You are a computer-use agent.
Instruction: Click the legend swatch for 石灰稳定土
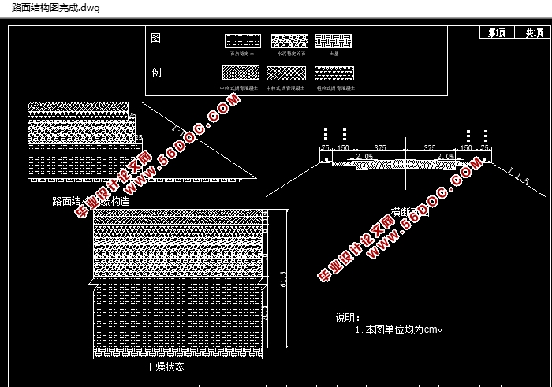point(243,41)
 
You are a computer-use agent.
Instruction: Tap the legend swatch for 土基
point(334,41)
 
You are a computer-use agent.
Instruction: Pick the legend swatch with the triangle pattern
point(334,73)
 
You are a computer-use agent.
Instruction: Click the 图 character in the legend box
point(155,39)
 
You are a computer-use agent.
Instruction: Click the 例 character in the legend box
point(155,73)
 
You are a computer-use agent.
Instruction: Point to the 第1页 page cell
point(497,32)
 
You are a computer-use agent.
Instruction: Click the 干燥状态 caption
point(165,366)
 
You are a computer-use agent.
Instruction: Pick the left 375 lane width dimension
point(379,147)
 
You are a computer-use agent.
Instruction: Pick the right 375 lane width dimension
point(431,147)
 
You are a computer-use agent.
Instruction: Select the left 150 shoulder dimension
point(343,147)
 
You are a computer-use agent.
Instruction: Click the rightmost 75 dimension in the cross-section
point(484,147)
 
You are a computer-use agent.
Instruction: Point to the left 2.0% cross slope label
point(364,157)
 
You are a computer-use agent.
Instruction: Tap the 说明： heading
point(348,318)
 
